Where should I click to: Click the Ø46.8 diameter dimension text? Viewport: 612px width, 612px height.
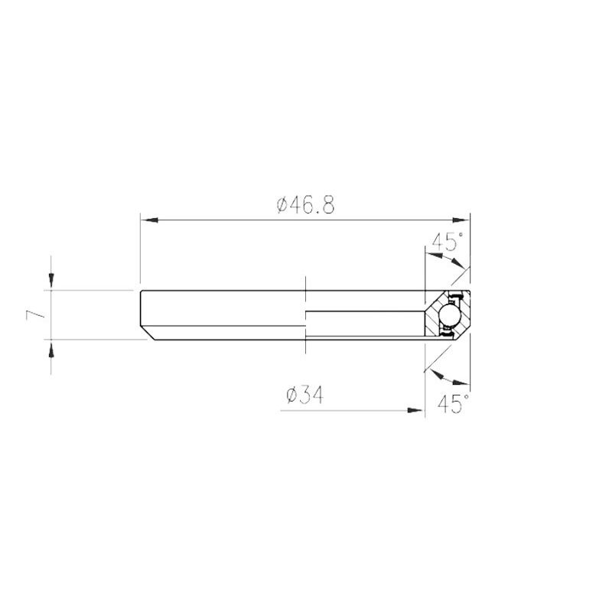pyautogui.click(x=305, y=205)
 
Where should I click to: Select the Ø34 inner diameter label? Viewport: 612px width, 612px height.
pyautogui.click(x=304, y=395)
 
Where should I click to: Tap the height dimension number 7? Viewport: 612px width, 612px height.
pyautogui.click(x=35, y=314)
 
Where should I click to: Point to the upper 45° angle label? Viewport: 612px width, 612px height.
pyautogui.click(x=448, y=242)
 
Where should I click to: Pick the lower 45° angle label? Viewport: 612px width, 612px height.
pyautogui.click(x=454, y=403)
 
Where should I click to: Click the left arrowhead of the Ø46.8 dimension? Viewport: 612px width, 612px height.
pyautogui.click(x=149, y=220)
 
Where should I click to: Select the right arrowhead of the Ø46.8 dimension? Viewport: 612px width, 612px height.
pyautogui.click(x=461, y=220)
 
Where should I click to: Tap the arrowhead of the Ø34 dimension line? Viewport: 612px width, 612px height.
pyautogui.click(x=415, y=410)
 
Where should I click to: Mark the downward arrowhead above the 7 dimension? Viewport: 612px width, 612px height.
pyautogui.click(x=51, y=279)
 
